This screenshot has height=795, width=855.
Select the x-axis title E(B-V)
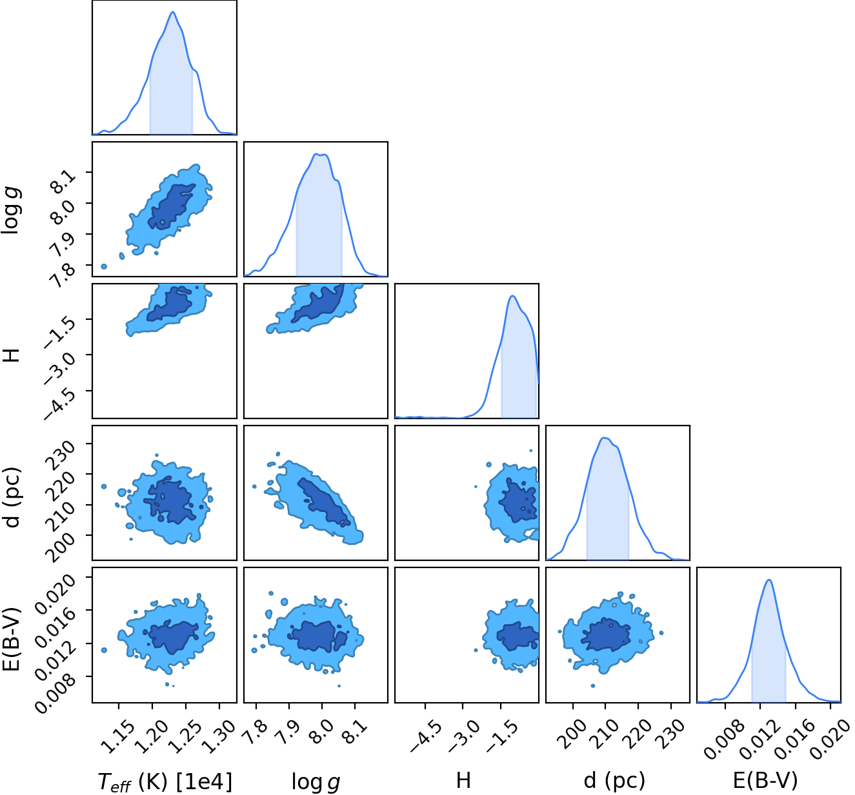[765, 780]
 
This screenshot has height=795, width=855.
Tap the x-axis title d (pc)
[614, 780]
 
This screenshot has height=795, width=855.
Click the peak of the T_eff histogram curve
[173, 12]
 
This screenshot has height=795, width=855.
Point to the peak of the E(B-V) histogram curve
[769, 580]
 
